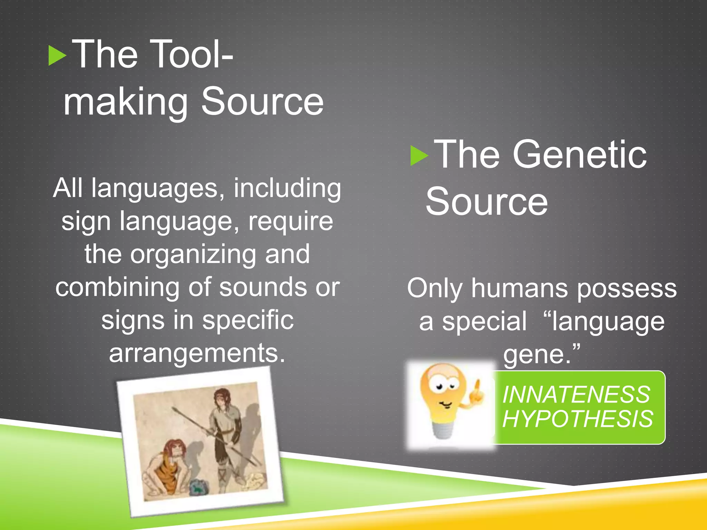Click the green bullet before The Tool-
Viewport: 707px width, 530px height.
tap(57, 56)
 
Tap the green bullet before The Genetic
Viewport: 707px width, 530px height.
tap(419, 156)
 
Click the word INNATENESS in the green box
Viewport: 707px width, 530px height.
tap(576, 394)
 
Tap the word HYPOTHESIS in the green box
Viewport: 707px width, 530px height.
tap(578, 419)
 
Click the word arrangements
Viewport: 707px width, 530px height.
tap(197, 353)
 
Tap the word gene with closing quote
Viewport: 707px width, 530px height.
tap(541, 354)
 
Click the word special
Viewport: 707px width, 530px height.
tap(484, 321)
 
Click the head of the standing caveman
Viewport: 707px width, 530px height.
tap(221, 396)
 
